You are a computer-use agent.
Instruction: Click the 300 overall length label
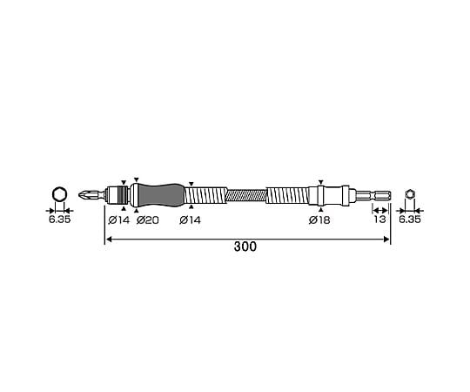[245, 247]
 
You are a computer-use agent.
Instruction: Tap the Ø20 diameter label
[147, 220]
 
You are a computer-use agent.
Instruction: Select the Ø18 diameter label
[319, 220]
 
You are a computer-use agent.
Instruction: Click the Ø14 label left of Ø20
[119, 220]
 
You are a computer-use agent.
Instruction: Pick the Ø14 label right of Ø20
[191, 220]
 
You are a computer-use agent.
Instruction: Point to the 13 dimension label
[379, 220]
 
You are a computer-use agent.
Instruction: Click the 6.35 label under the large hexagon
[60, 220]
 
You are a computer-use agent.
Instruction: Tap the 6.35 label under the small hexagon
[410, 220]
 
